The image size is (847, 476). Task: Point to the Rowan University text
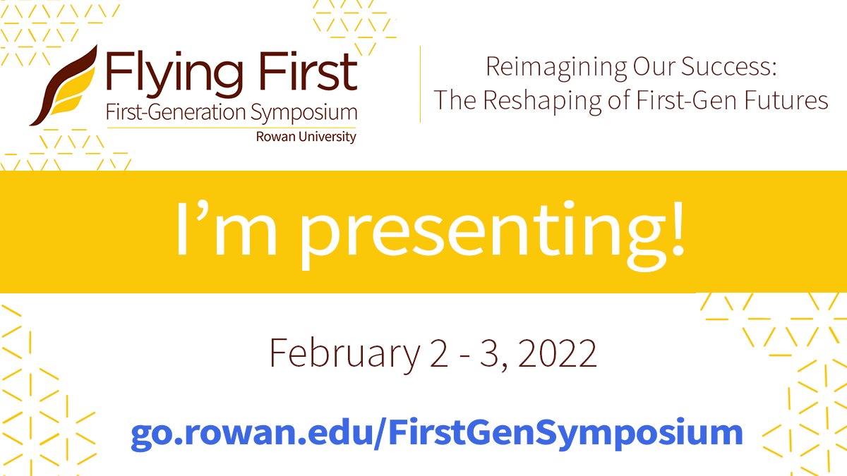tap(306, 137)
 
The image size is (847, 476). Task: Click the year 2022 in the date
tap(558, 353)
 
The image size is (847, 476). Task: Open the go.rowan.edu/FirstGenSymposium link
tap(436, 431)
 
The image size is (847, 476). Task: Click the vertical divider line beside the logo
tap(421, 85)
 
